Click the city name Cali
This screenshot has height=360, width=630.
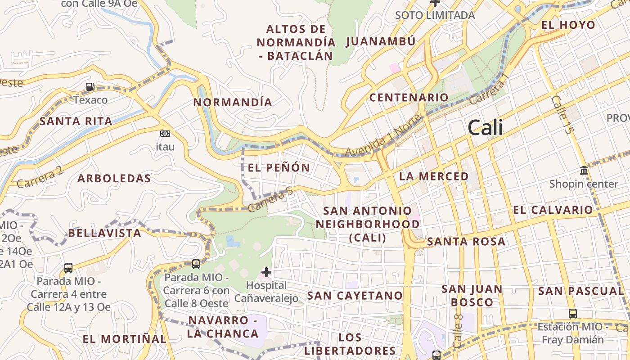[485, 127]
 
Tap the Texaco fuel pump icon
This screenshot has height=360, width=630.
[90, 86]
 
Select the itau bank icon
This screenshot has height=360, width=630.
[165, 134]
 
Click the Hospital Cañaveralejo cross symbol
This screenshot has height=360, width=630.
[266, 272]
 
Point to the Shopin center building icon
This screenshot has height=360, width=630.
[584, 171]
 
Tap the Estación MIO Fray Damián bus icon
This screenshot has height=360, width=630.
[572, 313]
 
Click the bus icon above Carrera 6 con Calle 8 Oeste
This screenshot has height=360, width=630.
[196, 264]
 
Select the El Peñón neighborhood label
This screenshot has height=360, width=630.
[279, 168]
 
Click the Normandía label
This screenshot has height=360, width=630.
[233, 102]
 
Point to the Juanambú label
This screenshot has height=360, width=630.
[381, 41]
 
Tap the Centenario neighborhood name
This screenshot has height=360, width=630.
[409, 97]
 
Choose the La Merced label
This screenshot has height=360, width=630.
[434, 176]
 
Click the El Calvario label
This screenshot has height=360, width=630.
[553, 210]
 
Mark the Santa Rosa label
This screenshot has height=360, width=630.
[466, 242]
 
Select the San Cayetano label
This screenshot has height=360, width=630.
[355, 295]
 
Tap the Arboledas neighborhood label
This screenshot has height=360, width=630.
[114, 178]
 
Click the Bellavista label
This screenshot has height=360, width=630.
[104, 233]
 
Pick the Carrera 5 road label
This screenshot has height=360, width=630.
[270, 201]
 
